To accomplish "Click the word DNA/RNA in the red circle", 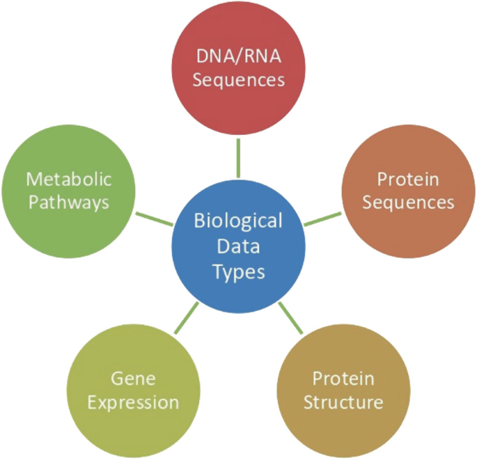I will [x=238, y=56].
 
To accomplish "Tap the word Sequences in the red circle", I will [x=238, y=79].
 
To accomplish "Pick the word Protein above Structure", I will [x=343, y=379].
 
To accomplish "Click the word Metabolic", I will [x=68, y=179].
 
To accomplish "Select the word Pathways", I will [x=68, y=203].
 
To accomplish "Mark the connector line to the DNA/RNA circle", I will [x=238, y=157].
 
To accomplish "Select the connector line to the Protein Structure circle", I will [x=292, y=318].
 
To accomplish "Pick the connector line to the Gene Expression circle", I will [x=186, y=317].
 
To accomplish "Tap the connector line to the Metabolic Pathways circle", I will [x=155, y=218].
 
